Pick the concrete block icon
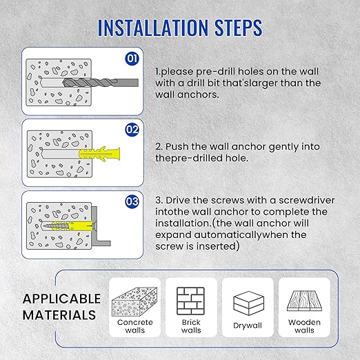(x=134, y=300)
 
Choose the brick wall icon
(x=190, y=300)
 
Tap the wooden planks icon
(x=304, y=301)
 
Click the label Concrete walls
(x=134, y=326)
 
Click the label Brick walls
(x=190, y=326)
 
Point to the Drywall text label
(x=248, y=326)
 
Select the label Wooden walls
(x=304, y=326)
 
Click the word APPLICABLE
(x=61, y=299)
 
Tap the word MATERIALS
(x=59, y=316)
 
